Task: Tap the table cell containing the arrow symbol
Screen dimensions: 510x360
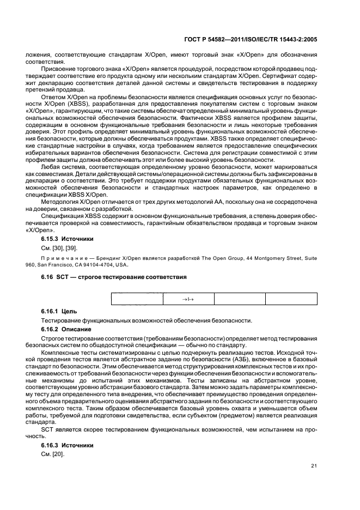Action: tap(188, 299)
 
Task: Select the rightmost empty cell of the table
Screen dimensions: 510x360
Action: tap(291, 299)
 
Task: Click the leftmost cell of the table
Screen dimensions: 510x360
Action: tap(137, 299)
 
